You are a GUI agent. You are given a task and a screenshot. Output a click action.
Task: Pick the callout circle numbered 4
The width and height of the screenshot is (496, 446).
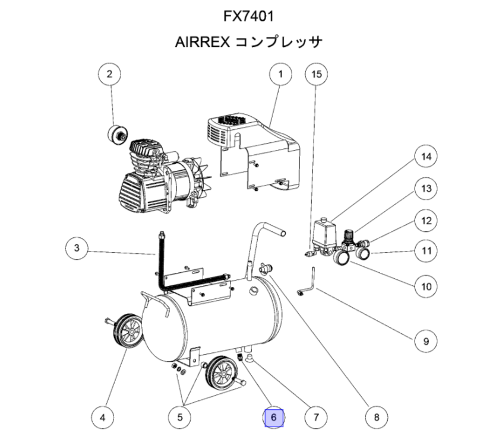[103, 418]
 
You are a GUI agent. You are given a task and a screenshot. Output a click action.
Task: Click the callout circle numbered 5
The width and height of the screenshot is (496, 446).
[179, 418]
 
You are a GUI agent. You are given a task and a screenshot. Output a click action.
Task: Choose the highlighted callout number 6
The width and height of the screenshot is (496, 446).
[274, 418]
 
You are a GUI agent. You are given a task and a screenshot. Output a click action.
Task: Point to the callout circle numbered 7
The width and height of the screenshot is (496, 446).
[316, 418]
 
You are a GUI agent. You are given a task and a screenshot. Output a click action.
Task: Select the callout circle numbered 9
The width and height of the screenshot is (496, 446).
[425, 341]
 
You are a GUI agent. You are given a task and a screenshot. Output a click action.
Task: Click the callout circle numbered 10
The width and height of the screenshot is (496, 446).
[425, 286]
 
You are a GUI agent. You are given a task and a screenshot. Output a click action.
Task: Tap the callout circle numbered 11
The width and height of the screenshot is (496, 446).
[425, 250]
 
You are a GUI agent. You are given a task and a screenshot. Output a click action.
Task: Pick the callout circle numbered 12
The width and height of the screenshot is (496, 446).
[425, 221]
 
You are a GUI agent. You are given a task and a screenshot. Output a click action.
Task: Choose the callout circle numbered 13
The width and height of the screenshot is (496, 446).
[425, 189]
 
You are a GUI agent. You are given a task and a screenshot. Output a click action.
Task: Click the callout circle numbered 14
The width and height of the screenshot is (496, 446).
[425, 157]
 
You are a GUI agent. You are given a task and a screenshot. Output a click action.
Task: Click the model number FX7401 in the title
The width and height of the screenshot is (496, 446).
[248, 14]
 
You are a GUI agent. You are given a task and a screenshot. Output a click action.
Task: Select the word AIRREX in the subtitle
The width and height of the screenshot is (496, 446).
[201, 43]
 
